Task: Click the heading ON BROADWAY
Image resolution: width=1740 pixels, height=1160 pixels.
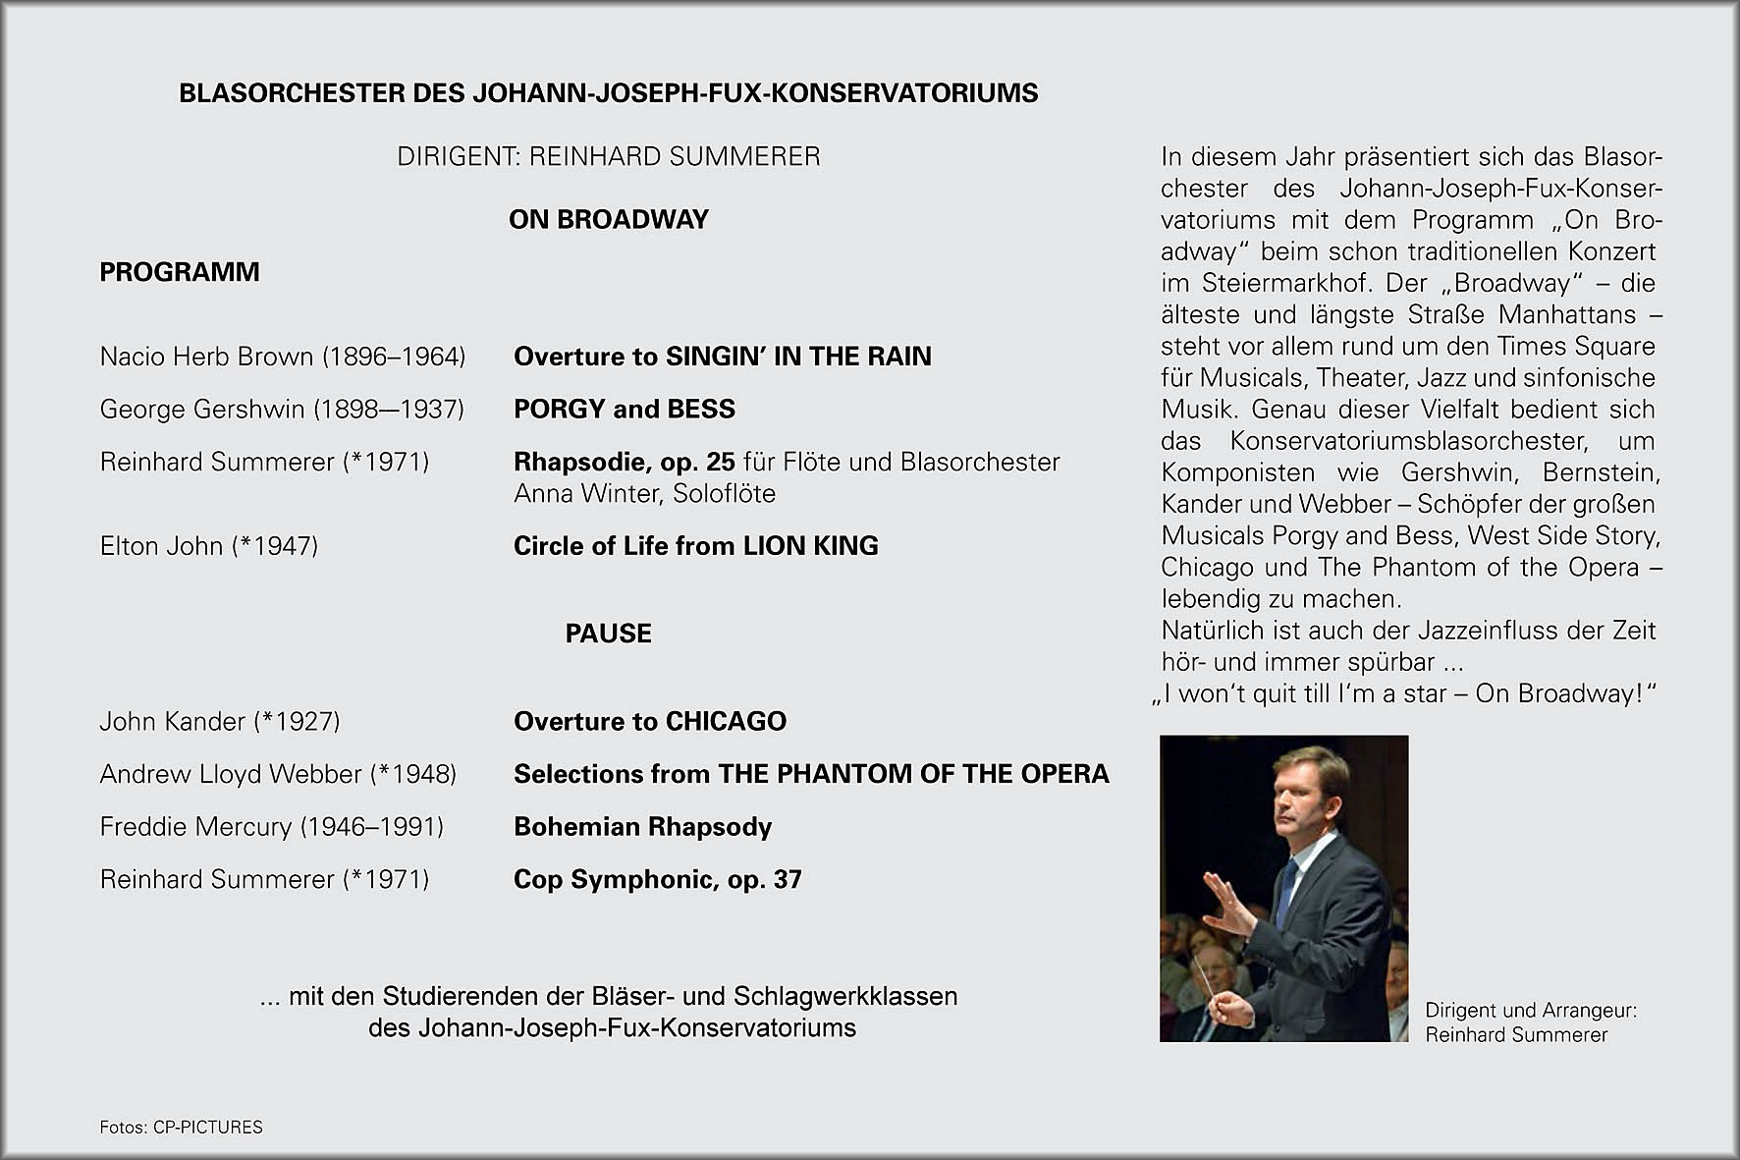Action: coord(608,219)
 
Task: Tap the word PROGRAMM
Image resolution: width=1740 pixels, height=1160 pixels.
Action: coord(180,272)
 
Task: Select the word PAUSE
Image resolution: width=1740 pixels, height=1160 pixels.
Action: coord(608,634)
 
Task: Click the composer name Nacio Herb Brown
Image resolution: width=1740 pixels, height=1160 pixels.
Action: coord(206,357)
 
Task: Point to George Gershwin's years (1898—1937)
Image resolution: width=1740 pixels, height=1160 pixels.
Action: coord(389,410)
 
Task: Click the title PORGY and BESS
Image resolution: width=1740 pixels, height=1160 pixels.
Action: coord(625,410)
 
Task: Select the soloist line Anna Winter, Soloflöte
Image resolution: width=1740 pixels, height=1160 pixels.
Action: coord(644,493)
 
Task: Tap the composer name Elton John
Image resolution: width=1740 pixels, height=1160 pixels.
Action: coord(161,546)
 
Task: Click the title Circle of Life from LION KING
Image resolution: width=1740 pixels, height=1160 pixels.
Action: coord(695,546)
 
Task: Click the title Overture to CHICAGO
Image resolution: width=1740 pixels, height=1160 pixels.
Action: coord(650,722)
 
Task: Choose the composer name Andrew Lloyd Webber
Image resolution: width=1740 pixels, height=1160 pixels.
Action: coord(231,774)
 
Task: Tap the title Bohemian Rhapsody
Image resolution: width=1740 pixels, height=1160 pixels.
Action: coord(642,827)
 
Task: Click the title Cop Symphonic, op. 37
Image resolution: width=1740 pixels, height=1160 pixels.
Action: coord(657,879)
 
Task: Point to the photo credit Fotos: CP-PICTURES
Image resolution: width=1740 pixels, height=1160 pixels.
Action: coord(181,1128)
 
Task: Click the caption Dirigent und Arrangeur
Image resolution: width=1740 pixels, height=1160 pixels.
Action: coord(1530,1011)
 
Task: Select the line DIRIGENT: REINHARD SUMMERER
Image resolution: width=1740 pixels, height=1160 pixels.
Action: coord(608,157)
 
